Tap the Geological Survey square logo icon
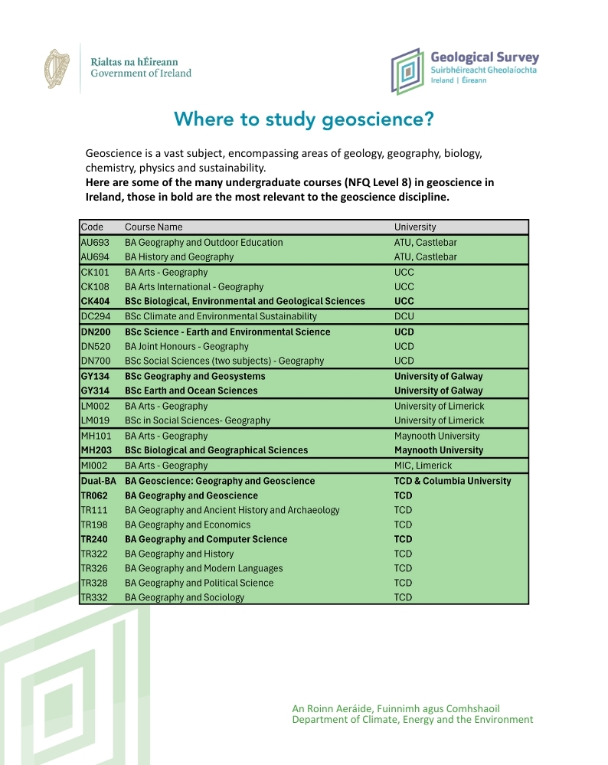click(x=407, y=70)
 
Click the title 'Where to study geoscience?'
click(x=304, y=119)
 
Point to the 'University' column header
click(x=415, y=227)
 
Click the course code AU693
click(x=96, y=242)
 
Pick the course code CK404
click(x=96, y=301)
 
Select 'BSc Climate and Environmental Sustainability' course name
click(x=221, y=316)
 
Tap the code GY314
click(x=96, y=391)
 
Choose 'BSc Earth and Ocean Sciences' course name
click(x=191, y=391)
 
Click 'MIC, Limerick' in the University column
click(x=423, y=466)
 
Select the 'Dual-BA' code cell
click(x=98, y=481)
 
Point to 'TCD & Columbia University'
click(x=453, y=481)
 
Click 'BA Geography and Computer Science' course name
click(x=206, y=539)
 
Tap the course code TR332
click(x=96, y=597)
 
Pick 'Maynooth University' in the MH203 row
click(x=439, y=450)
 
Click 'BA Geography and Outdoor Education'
click(x=204, y=242)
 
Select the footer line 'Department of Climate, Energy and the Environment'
click(x=412, y=720)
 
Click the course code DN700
click(x=96, y=361)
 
